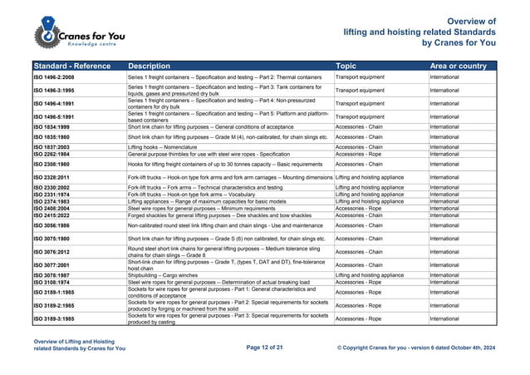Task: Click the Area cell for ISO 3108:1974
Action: pos(444,281)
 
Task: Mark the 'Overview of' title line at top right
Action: pos(471,22)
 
